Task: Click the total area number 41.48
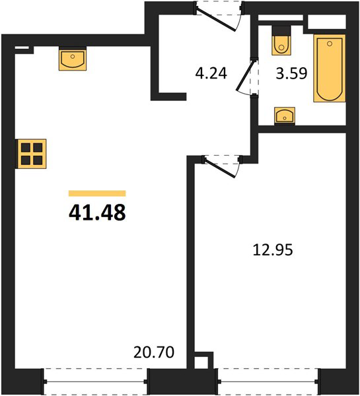pyautogui.click(x=97, y=213)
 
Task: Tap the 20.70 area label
pyautogui.click(x=154, y=352)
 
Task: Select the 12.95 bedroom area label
pyautogui.click(x=273, y=249)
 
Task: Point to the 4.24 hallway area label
pyautogui.click(x=211, y=73)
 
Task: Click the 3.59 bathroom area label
pyautogui.click(x=291, y=73)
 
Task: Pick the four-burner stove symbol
pyautogui.click(x=31, y=154)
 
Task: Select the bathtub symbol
pyautogui.click(x=330, y=69)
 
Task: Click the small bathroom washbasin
pyautogui.click(x=285, y=116)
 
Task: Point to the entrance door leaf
pyautogui.click(x=216, y=20)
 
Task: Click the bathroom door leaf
pyautogui.click(x=245, y=75)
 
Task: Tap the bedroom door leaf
pyautogui.click(x=220, y=168)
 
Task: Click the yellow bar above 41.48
pyautogui.click(x=97, y=193)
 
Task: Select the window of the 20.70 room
pyautogui.click(x=95, y=381)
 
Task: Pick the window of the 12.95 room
pyautogui.click(x=268, y=381)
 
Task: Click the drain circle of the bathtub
pyautogui.click(x=329, y=44)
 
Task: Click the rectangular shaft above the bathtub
pyautogui.click(x=326, y=22)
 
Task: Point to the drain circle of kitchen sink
pyautogui.click(x=73, y=56)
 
